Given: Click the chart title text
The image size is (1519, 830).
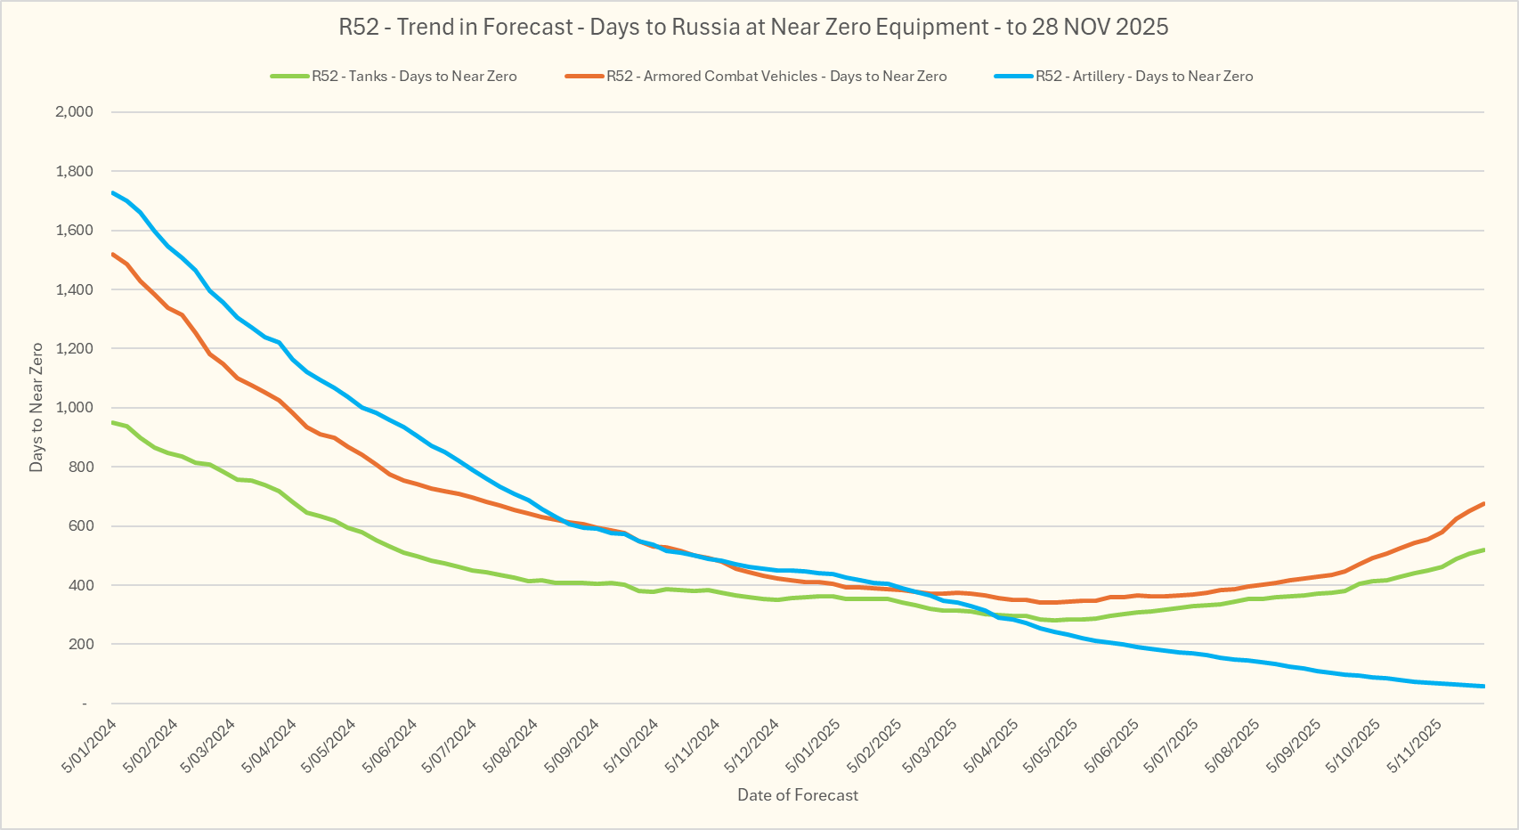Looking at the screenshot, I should pos(753,27).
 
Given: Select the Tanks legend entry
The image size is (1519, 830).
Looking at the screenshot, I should pos(413,77).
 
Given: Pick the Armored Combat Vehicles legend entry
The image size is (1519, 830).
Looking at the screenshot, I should pos(776,77).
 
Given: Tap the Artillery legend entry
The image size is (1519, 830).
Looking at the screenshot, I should pos(1143,77).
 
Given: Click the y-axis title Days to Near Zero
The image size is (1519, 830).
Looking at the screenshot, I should pos(37,407).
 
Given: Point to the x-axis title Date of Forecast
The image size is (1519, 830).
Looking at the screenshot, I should pos(798,795).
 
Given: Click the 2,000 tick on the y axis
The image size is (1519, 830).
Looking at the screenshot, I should pos(74,112).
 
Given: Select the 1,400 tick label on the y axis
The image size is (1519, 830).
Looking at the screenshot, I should pos(74,289).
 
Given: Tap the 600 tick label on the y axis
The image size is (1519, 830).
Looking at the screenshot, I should pos(80,526).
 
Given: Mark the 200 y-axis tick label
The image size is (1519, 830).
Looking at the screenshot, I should pos(80,644).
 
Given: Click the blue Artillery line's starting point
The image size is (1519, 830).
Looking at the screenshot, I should pos(113,192).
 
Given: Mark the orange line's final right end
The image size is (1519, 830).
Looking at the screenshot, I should pos(1483,504).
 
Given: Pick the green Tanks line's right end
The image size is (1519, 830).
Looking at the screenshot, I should pos(1483,550).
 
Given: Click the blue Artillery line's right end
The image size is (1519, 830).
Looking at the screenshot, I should pos(1483,686).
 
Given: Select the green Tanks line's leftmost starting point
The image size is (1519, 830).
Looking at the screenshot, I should pos(113,422).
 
